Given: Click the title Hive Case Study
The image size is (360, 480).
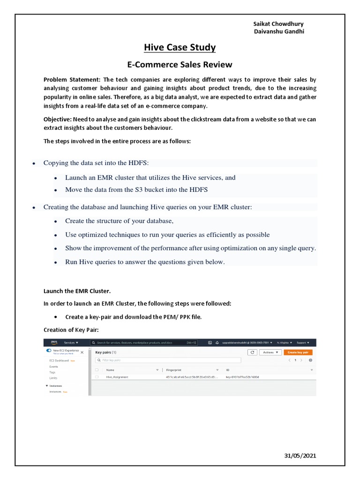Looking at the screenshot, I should pyautogui.click(x=180, y=47).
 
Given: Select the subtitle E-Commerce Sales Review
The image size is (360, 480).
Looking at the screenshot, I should pyautogui.click(x=180, y=64).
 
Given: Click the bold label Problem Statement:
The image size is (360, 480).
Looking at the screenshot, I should pyautogui.click(x=72, y=80).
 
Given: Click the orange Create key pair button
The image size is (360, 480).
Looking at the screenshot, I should pyautogui.click(x=298, y=352).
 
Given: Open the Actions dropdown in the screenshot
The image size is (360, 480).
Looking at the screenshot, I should pyautogui.click(x=270, y=352).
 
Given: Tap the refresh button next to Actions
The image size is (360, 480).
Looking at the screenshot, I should pyautogui.click(x=252, y=352).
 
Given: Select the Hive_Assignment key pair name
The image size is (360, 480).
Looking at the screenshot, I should pyautogui.click(x=117, y=377).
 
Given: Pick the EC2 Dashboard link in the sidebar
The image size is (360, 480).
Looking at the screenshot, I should pyautogui.click(x=60, y=360).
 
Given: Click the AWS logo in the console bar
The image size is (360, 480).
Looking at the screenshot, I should pyautogui.click(x=54, y=342).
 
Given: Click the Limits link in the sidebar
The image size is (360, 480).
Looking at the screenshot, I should pyautogui.click(x=53, y=377).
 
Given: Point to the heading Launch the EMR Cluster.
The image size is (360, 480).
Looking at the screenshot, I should pyautogui.click(x=77, y=291).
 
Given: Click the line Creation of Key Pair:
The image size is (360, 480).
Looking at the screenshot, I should pyautogui.click(x=71, y=330).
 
